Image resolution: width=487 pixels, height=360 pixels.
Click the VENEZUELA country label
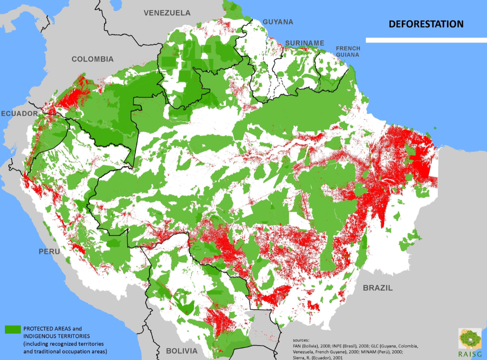[x=167, y=13]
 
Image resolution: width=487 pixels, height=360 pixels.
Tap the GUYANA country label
[x=278, y=22]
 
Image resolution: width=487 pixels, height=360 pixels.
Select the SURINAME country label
[x=305, y=43]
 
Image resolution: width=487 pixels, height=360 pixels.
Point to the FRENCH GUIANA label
[x=348, y=51]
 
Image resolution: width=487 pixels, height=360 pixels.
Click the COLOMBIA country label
[x=92, y=59]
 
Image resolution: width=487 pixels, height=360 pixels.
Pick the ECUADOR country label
[x=20, y=113]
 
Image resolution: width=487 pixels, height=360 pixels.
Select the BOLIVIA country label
[x=182, y=351]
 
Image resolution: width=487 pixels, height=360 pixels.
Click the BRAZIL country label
[x=378, y=288]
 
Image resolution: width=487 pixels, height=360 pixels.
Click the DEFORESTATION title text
[x=425, y=24]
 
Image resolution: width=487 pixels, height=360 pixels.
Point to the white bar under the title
[x=425, y=40]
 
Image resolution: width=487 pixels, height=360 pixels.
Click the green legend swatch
[x=13, y=328]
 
